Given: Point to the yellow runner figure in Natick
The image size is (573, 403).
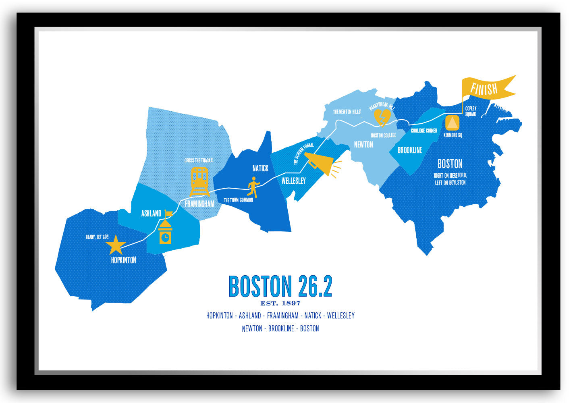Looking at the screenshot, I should click(x=253, y=187).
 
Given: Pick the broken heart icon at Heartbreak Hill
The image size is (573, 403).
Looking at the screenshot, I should click(x=382, y=117).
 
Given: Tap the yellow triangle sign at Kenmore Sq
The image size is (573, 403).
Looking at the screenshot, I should click(x=452, y=123).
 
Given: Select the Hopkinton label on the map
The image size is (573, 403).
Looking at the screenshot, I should click(x=123, y=260).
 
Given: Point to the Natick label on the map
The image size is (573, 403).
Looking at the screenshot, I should click(x=260, y=168).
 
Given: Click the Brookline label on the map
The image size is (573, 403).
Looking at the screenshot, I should click(x=409, y=150).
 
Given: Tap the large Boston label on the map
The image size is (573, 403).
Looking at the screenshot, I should click(x=450, y=164).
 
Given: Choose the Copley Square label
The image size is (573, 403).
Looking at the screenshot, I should click(x=471, y=111).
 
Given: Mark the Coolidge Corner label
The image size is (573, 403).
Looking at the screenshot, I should click(x=424, y=131).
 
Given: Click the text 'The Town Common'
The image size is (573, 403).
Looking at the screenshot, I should click(x=239, y=200).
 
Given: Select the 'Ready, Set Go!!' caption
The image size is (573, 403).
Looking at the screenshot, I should click(x=97, y=237).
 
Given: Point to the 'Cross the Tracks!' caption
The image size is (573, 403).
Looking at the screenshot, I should click(x=199, y=160).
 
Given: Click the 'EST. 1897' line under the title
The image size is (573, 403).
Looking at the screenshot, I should click(x=280, y=303).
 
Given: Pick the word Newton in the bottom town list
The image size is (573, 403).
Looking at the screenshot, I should click(x=252, y=328).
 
